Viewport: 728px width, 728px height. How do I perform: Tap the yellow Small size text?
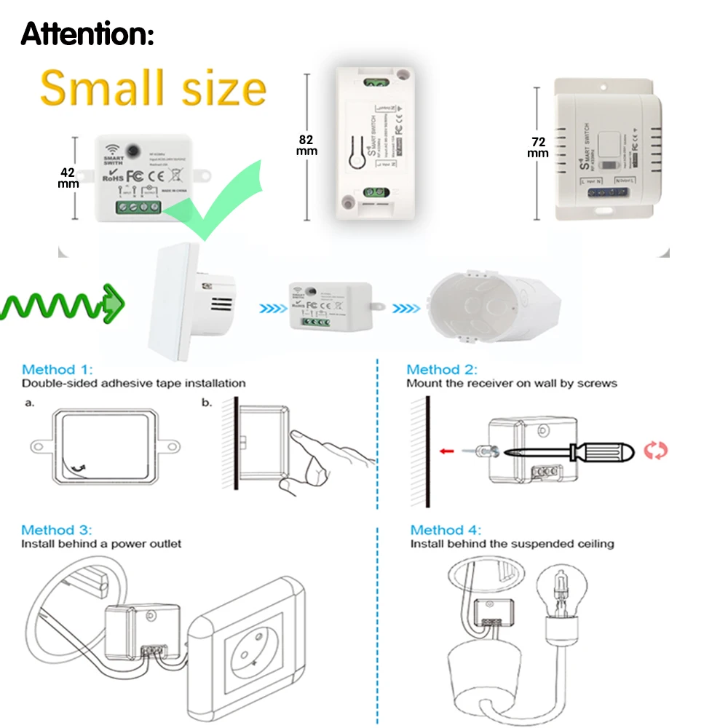pos(153,89)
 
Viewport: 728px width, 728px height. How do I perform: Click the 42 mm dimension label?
pos(68,178)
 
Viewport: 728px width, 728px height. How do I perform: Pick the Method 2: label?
pos(442,370)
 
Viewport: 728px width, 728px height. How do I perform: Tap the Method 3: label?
pos(57,530)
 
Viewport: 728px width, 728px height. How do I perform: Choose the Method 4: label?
pos(446,530)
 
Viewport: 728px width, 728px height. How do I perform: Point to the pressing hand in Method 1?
pos(328,455)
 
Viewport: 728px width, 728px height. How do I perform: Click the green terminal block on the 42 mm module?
pos(138,208)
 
